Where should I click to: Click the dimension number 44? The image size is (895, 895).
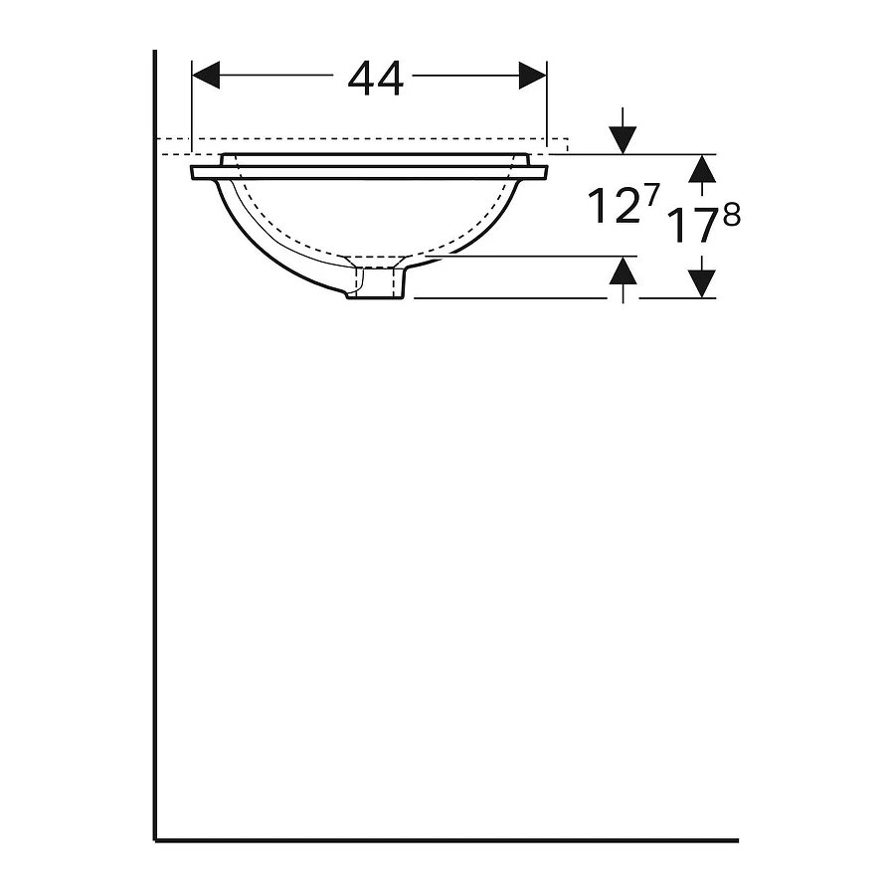click(x=376, y=79)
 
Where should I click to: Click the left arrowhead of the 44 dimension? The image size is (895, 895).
click(x=206, y=76)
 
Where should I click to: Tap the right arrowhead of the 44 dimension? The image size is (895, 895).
click(x=533, y=76)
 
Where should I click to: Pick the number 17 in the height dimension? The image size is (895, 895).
click(x=691, y=226)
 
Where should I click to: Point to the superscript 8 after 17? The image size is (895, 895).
click(x=732, y=215)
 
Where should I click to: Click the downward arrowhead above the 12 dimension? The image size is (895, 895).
click(x=623, y=140)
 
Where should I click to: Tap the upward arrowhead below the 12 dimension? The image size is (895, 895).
click(x=623, y=270)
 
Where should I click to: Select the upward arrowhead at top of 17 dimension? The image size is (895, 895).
click(x=702, y=168)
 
